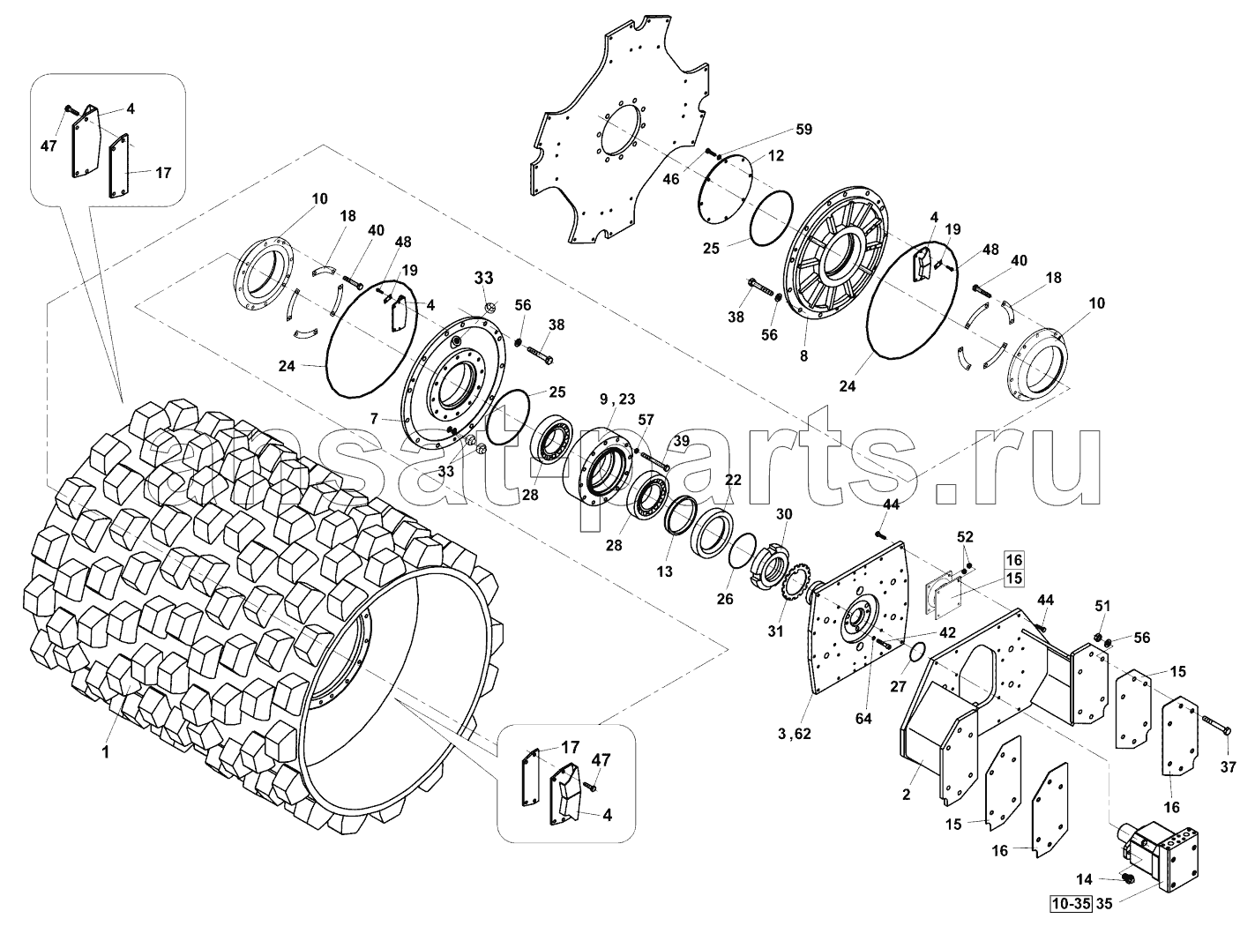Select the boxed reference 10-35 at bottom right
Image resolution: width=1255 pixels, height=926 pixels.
pyautogui.click(x=1070, y=903)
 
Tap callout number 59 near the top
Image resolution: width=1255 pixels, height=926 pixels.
pyautogui.click(x=803, y=130)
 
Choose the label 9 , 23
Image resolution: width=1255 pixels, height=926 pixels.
pyautogui.click(x=617, y=400)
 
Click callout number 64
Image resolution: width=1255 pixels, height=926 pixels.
pyautogui.click(x=863, y=718)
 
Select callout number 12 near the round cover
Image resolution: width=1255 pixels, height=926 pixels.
pyautogui.click(x=774, y=155)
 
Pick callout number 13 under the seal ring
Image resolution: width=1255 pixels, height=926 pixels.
pyautogui.click(x=664, y=571)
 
